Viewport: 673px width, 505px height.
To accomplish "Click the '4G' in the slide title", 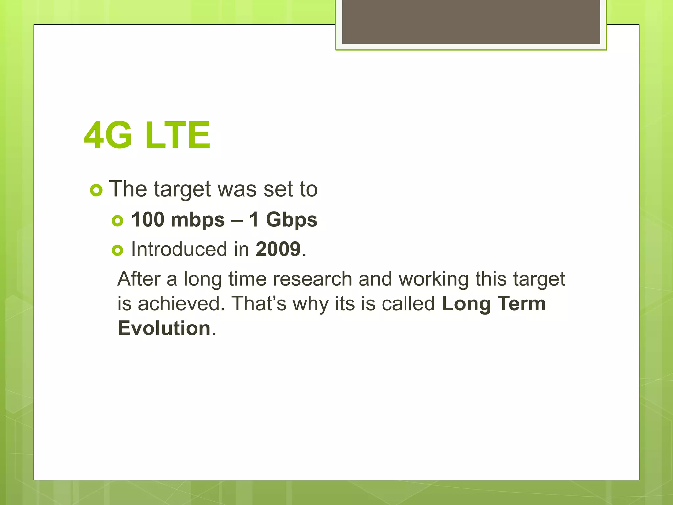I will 108,135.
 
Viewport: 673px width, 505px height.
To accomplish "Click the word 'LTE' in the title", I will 177,135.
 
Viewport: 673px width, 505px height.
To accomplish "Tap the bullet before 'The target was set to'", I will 96,190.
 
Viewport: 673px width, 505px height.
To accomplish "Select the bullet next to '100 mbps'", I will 117,221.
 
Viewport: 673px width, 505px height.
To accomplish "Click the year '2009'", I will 278,249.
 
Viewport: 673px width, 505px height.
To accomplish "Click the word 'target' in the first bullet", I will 182,190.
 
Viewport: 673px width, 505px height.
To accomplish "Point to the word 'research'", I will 312,279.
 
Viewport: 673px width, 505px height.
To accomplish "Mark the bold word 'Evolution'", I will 164,328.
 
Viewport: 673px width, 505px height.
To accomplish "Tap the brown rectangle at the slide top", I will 471,22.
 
